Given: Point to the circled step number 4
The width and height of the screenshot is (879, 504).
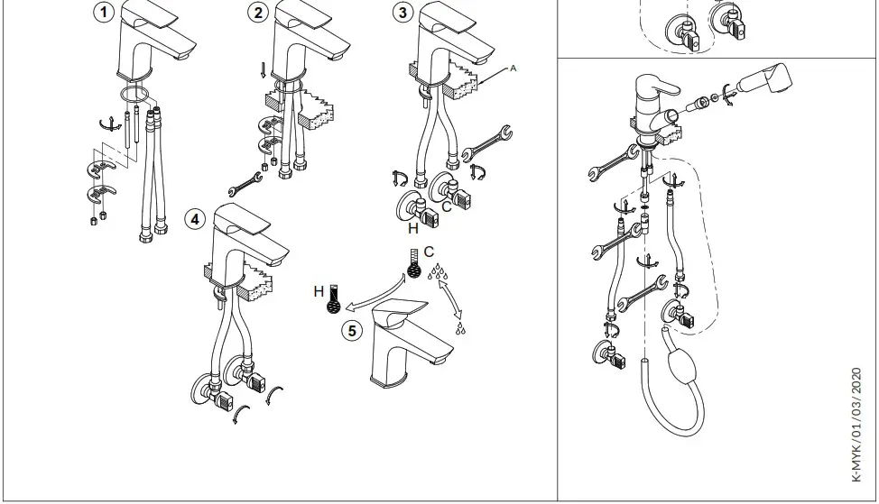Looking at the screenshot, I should [194, 219].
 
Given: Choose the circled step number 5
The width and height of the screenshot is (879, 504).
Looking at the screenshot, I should [353, 330].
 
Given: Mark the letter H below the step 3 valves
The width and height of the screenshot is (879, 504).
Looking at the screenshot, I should [412, 229].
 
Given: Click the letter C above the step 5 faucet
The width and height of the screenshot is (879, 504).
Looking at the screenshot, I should [429, 251].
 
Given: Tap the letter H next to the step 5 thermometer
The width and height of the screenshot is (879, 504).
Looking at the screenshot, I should [319, 291].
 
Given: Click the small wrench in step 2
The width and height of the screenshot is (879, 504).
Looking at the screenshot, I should [245, 184].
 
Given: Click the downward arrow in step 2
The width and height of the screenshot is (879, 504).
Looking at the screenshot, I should [262, 69].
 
